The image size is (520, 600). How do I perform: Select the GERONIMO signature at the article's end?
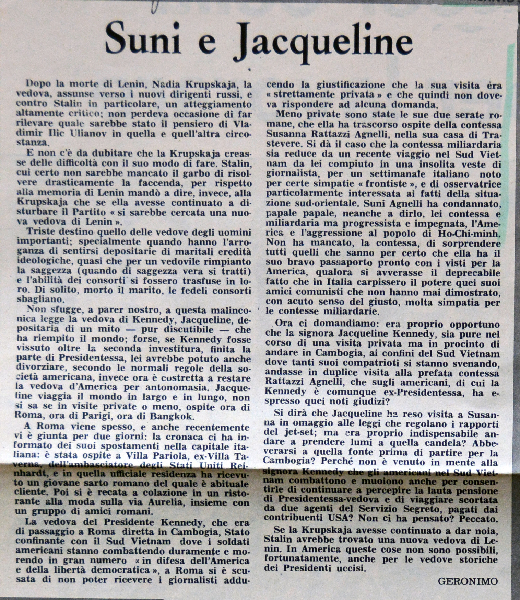[468, 581]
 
